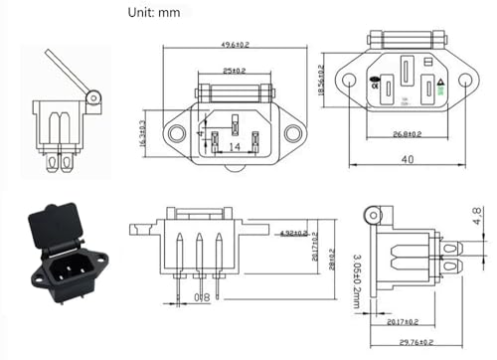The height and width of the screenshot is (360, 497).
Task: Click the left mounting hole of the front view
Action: click(x=176, y=133)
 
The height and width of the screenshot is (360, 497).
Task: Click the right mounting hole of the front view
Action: click(x=292, y=133)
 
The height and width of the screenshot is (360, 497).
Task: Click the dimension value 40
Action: click(x=407, y=159)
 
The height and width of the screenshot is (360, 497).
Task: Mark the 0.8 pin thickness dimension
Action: click(x=203, y=297)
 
